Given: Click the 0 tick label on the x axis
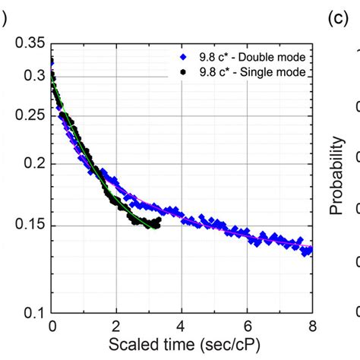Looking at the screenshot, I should point(52,327).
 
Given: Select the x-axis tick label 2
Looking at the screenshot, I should point(116,327).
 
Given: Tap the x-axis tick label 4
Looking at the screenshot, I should point(182,327).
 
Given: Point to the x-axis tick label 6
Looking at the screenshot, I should point(247,327).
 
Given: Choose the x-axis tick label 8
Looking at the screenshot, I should point(311,327).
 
